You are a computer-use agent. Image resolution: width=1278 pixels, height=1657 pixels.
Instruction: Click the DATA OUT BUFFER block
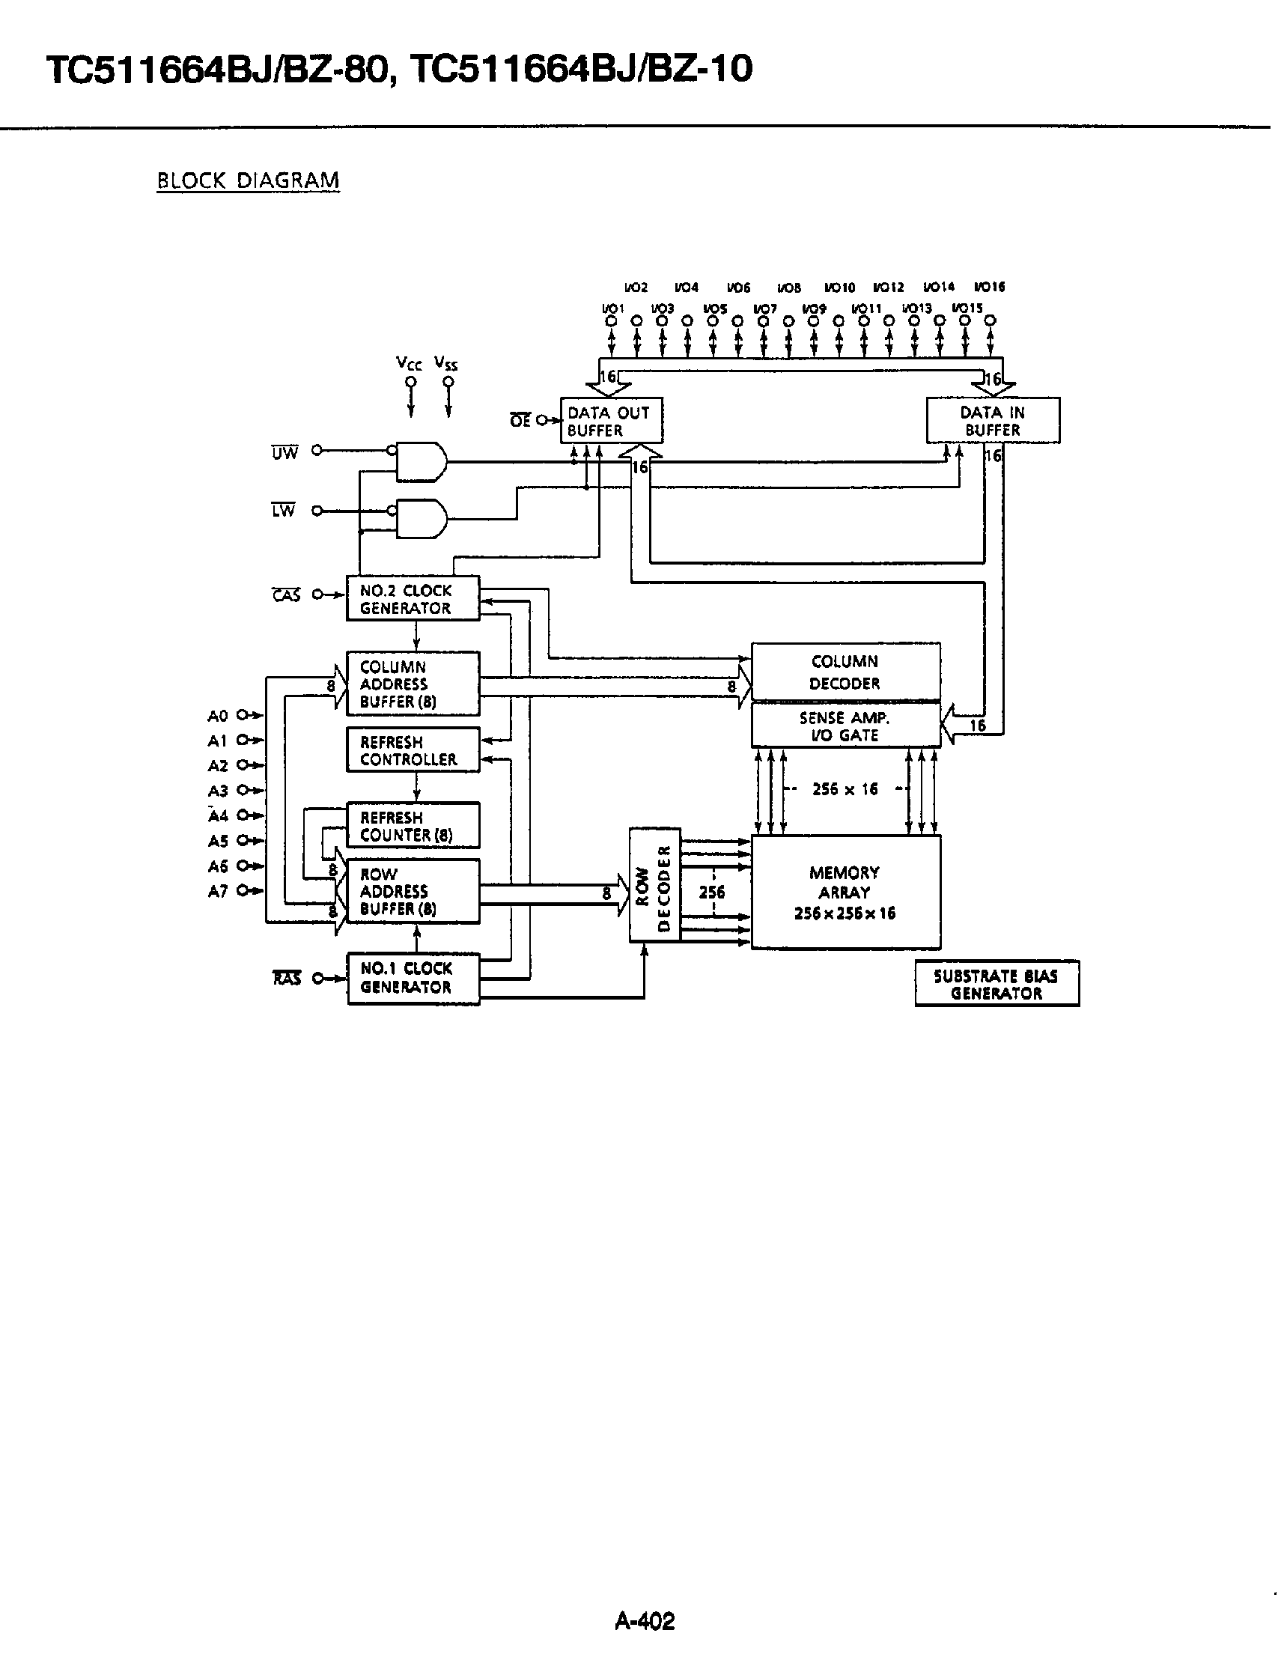tap(611, 421)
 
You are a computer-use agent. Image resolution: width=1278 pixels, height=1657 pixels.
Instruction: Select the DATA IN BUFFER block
tap(992, 421)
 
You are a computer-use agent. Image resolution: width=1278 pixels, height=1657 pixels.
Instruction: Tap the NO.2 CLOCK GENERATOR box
tap(413, 598)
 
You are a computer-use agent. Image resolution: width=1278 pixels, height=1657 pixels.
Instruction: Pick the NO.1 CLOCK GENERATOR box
tap(413, 978)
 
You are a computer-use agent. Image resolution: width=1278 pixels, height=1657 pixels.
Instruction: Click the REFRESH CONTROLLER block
tap(413, 750)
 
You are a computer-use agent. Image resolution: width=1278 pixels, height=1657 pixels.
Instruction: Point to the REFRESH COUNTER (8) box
tap(413, 826)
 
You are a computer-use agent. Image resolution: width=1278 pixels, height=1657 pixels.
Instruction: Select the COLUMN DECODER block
tap(845, 672)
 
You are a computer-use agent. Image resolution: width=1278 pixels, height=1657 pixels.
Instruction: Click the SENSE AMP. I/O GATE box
tap(845, 726)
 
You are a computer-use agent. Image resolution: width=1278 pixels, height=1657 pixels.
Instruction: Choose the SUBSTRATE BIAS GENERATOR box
tap(996, 984)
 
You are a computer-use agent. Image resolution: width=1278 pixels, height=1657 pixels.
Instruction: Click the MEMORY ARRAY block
tap(845, 893)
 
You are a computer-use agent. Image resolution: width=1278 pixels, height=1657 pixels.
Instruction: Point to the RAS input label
tap(287, 979)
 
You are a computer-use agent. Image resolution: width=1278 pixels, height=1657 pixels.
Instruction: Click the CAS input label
tap(287, 595)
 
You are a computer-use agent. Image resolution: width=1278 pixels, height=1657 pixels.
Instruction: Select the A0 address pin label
tap(218, 716)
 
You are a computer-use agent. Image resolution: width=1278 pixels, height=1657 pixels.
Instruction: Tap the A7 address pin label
tap(218, 892)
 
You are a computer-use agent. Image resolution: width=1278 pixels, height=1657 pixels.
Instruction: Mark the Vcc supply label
tap(409, 364)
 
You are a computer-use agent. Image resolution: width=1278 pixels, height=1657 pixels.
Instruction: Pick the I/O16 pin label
tap(989, 288)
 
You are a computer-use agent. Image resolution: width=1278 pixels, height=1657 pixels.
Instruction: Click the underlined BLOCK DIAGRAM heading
tap(247, 180)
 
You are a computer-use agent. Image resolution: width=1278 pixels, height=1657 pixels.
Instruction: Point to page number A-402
tap(644, 1621)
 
